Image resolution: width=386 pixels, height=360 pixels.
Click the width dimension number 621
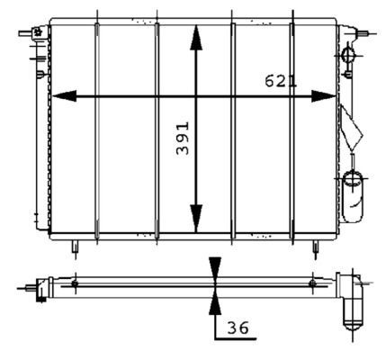coord(280,82)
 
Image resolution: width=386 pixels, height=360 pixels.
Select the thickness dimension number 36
coord(237,329)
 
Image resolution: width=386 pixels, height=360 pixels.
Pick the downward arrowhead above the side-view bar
coord(214,268)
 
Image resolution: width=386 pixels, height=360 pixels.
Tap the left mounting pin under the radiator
coord(76,245)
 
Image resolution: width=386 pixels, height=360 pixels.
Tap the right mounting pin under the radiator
coord(313,245)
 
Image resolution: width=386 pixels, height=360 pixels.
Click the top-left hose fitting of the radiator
coord(37,34)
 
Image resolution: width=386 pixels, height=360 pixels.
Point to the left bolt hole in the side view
coord(75,284)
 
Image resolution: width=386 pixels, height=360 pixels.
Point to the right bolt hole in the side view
coord(312,284)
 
